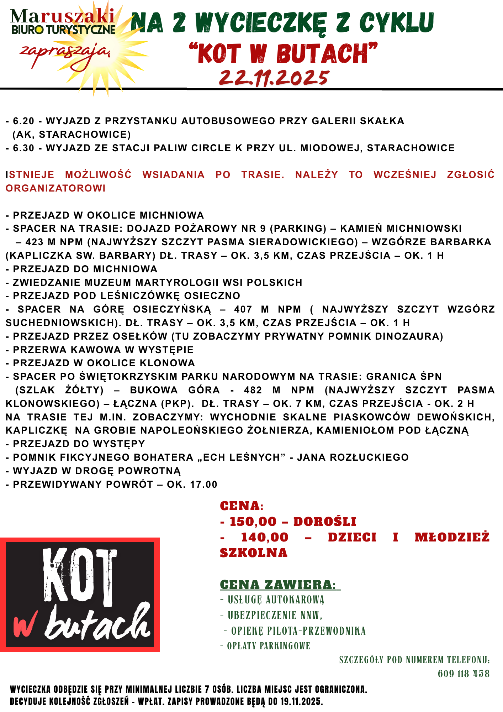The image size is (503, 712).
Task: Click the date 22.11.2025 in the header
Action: pos(274,77)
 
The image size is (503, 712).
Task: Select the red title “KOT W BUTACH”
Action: pos(283,53)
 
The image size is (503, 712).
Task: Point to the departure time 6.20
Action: pos(23,121)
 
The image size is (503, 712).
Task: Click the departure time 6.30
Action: pos(23,148)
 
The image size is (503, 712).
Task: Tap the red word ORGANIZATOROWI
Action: pos(56,188)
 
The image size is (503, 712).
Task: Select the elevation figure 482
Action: pos(253,390)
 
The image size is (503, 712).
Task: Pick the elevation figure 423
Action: pos(35,242)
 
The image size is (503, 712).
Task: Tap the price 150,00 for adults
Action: pos(253,522)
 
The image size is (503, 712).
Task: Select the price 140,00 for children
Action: pos(264,537)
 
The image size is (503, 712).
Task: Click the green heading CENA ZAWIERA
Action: pos(277,585)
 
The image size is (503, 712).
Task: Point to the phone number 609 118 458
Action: pos(464,674)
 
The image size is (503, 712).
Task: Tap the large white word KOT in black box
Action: pos(80,577)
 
